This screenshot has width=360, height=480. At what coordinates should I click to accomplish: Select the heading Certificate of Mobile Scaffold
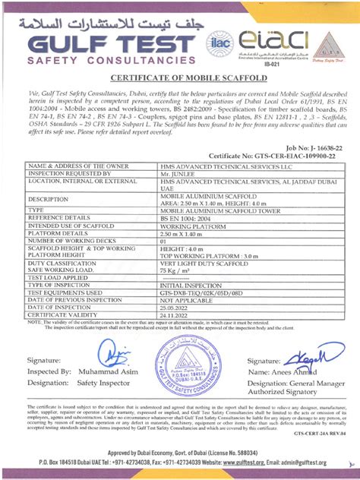point(180,77)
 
